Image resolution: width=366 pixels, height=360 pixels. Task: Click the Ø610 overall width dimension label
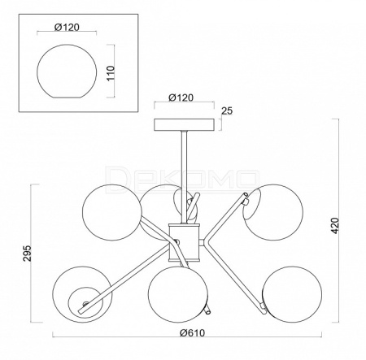[x=192, y=332]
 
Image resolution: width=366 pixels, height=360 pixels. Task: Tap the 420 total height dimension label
[x=335, y=225]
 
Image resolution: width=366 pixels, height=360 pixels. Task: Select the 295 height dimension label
[x=27, y=254]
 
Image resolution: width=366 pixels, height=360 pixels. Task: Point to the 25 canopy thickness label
[x=227, y=111]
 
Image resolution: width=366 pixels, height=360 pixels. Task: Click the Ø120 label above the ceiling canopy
[x=181, y=98]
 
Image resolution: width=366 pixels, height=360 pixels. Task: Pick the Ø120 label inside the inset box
[x=67, y=27]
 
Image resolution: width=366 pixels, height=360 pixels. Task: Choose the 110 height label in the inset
[x=111, y=73]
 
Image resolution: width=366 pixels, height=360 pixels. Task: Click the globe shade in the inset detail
[x=67, y=71]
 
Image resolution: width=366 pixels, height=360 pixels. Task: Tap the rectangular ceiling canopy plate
[x=185, y=124]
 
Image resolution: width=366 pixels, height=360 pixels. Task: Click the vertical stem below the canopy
[x=185, y=177]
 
